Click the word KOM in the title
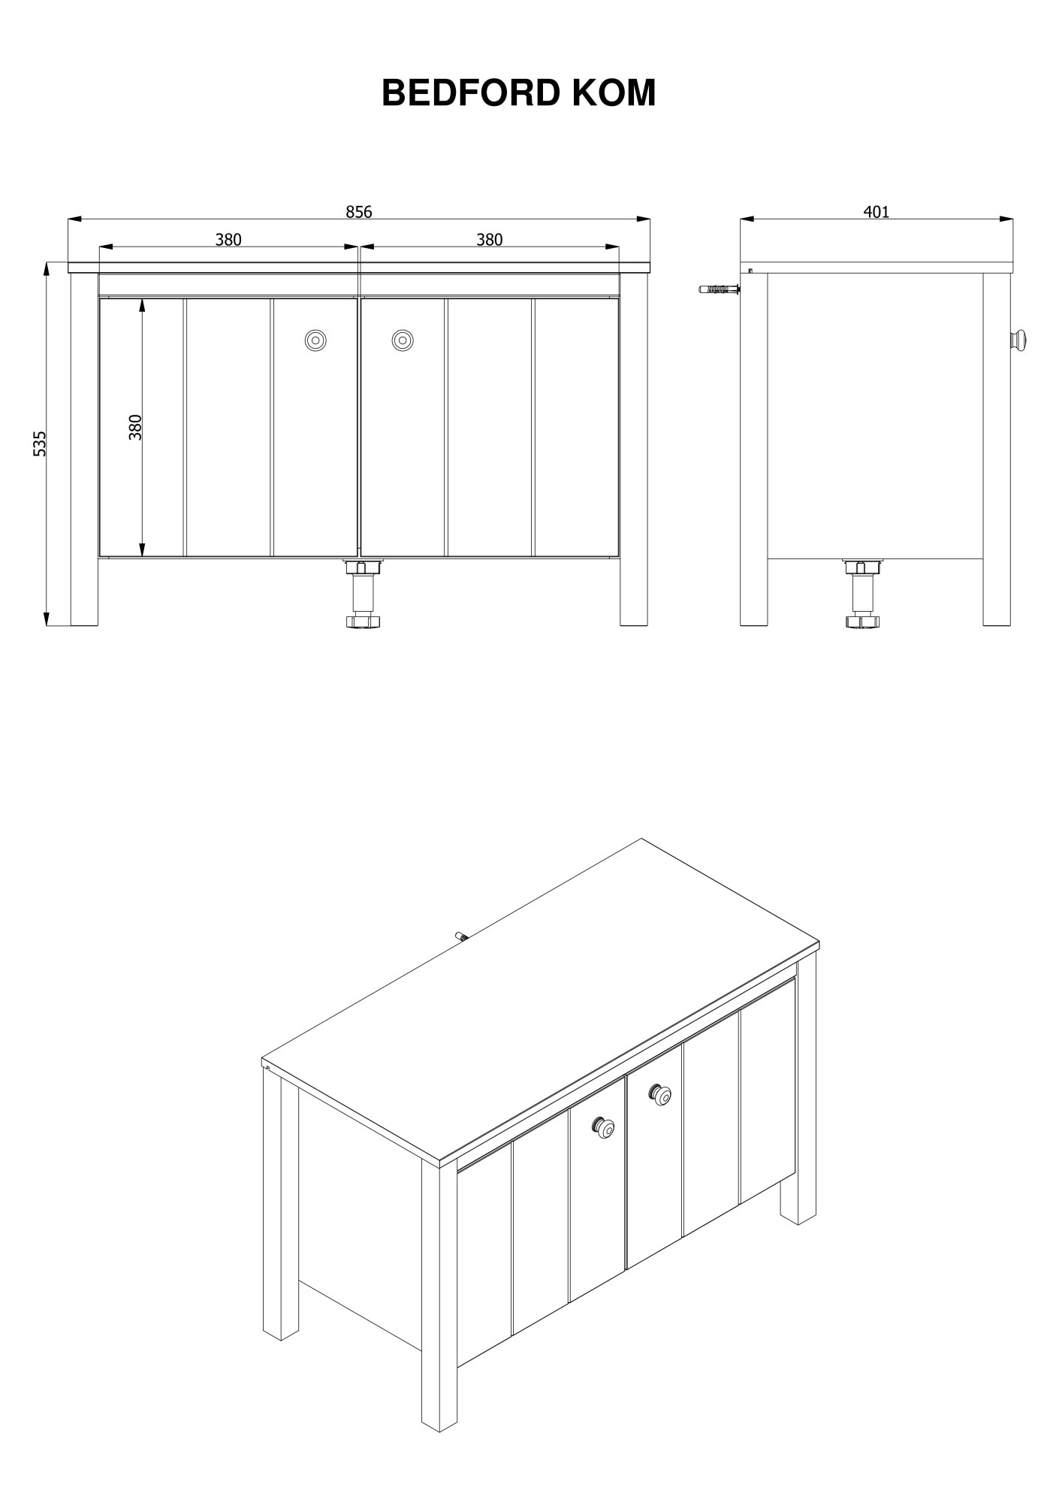click(x=614, y=93)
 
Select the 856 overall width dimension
click(x=359, y=212)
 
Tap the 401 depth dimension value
click(x=876, y=212)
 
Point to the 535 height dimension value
click(x=40, y=443)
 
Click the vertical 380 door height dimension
click(x=135, y=427)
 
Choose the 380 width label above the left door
click(x=228, y=240)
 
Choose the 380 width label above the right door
click(x=489, y=240)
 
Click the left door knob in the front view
click(x=315, y=340)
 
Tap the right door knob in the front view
click(x=403, y=340)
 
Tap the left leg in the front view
click(x=85, y=449)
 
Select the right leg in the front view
click(x=634, y=449)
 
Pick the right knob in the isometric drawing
click(x=661, y=1095)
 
